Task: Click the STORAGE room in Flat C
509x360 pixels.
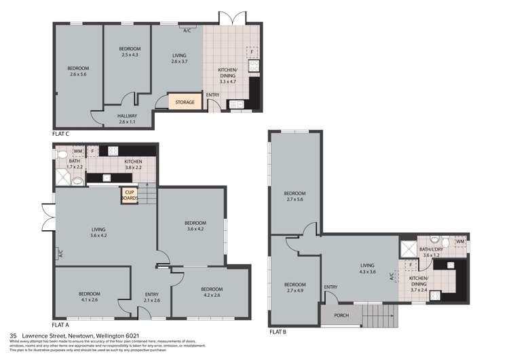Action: click(185, 103)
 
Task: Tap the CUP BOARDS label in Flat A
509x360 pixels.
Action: click(129, 195)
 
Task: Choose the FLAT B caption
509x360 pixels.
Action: click(279, 332)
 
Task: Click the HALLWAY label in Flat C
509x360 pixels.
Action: click(128, 118)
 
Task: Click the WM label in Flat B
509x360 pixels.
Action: click(459, 242)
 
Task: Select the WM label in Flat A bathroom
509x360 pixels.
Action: click(78, 151)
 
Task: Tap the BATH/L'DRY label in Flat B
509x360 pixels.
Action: click(432, 251)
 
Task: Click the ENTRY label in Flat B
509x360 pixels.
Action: click(331, 287)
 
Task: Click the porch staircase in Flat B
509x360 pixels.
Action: click(378, 315)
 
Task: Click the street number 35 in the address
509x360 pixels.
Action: click(13, 335)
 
